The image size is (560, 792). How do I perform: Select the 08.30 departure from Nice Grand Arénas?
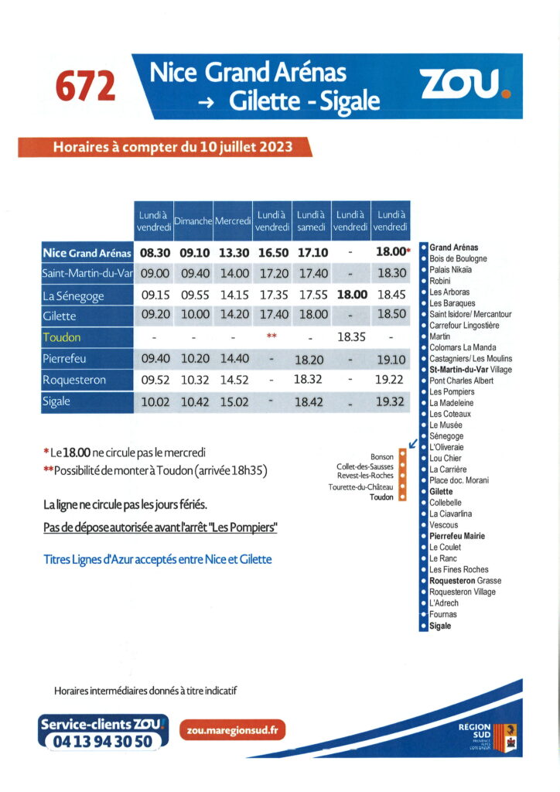155,252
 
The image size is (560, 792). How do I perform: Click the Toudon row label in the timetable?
62,338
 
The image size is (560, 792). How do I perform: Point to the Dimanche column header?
193,221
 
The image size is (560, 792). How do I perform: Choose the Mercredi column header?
233,221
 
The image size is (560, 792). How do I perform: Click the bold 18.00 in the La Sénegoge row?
350,295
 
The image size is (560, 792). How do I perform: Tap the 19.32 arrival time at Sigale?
390,402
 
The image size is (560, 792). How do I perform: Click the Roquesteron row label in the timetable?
75,381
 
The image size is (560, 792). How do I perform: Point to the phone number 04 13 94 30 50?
102,741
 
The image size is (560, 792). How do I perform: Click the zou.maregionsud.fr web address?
233,729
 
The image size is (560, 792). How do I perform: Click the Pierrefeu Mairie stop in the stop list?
457,536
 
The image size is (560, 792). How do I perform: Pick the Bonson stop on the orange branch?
382,457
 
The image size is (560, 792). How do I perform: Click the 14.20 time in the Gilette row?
233,316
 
